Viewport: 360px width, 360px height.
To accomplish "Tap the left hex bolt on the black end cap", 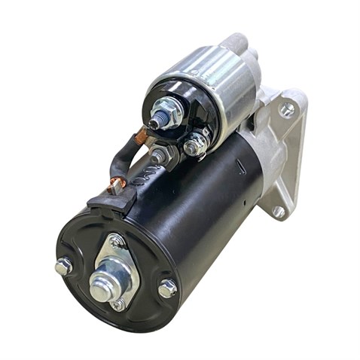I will coord(64,265).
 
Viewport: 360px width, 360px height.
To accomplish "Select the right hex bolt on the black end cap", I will coord(166,288).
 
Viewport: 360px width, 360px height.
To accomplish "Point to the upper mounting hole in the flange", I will coord(286,110).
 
